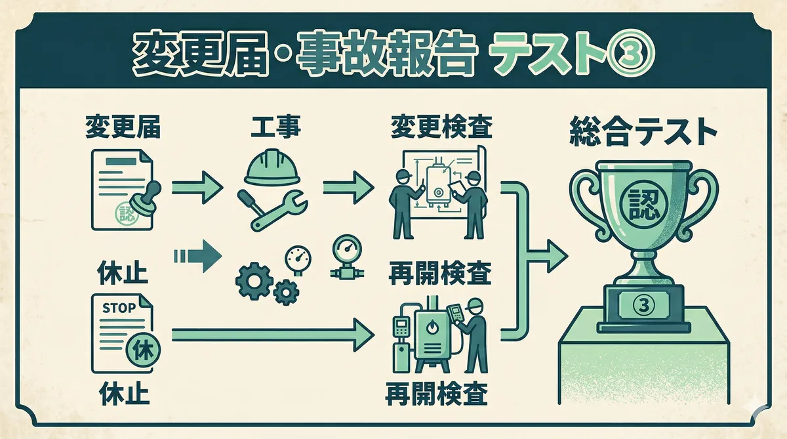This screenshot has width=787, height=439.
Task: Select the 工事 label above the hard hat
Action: (275, 126)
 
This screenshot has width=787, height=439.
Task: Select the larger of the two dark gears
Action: (252, 280)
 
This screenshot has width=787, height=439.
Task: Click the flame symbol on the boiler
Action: (436, 327)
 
